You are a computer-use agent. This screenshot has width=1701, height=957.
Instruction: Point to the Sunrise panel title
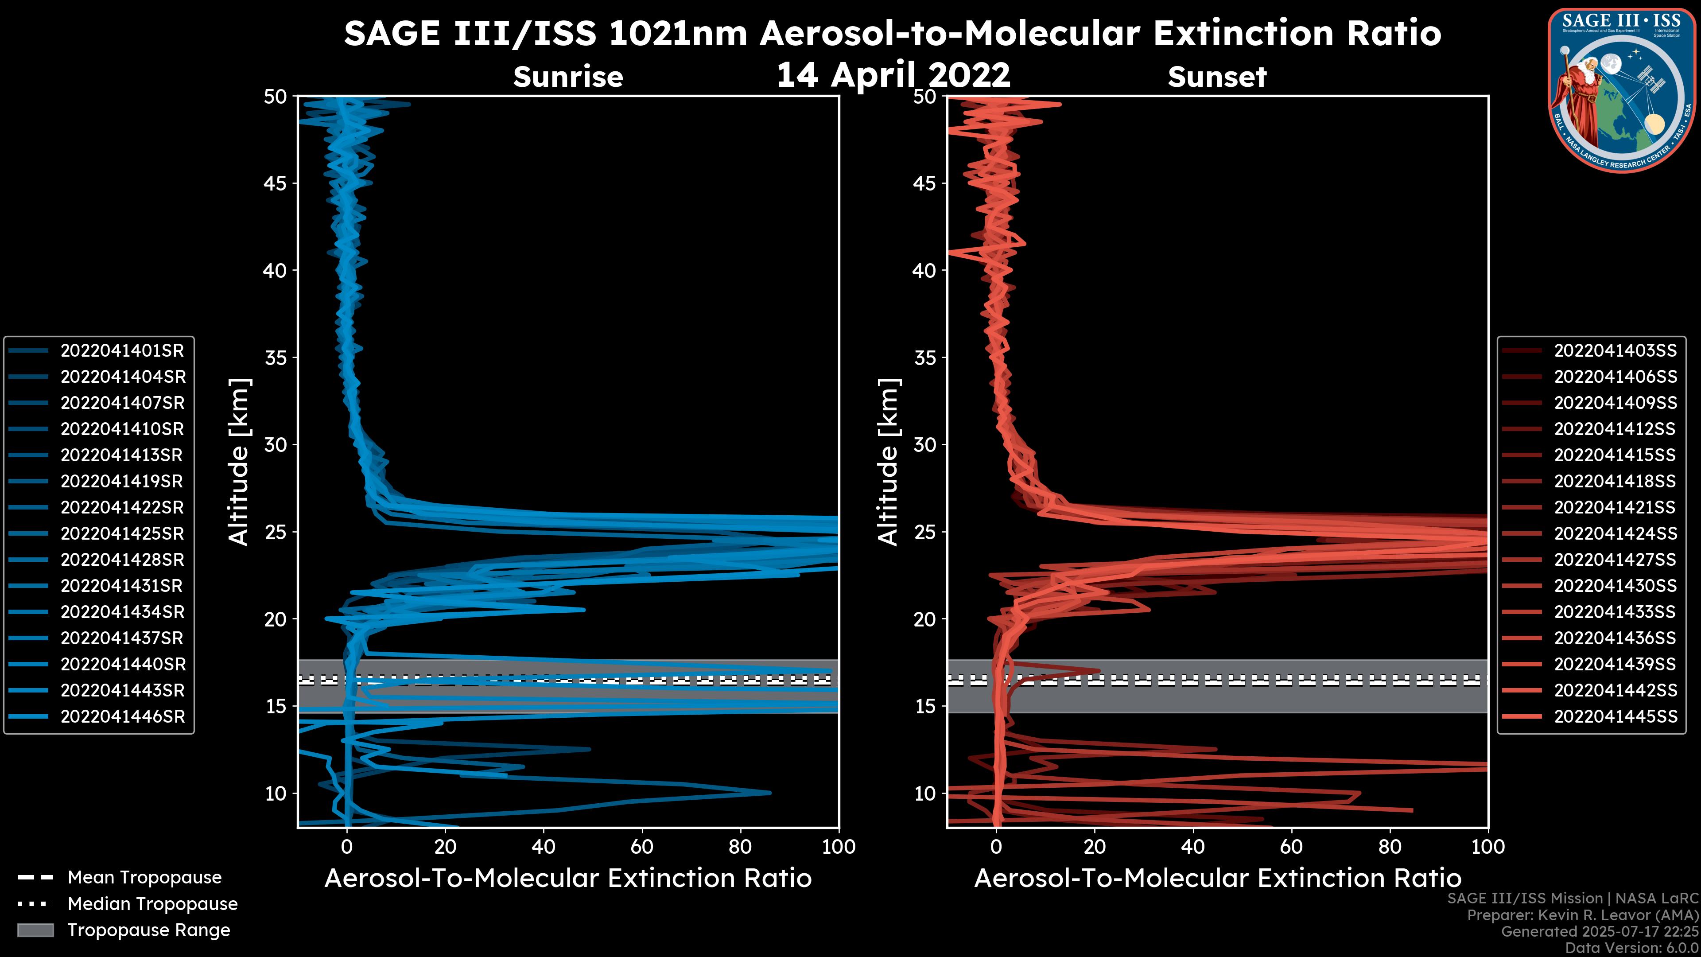[568, 77]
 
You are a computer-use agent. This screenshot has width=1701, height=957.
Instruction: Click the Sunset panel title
[1217, 77]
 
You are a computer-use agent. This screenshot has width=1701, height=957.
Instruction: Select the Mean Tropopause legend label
[144, 878]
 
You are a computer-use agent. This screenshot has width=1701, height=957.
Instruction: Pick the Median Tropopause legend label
[152, 904]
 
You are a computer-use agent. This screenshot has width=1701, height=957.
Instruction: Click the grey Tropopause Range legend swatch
[35, 930]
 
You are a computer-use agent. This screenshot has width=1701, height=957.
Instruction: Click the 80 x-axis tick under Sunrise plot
[740, 848]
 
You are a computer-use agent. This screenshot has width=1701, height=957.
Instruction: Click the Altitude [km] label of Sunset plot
[889, 462]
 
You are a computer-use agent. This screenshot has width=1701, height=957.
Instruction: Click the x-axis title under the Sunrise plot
[568, 879]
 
